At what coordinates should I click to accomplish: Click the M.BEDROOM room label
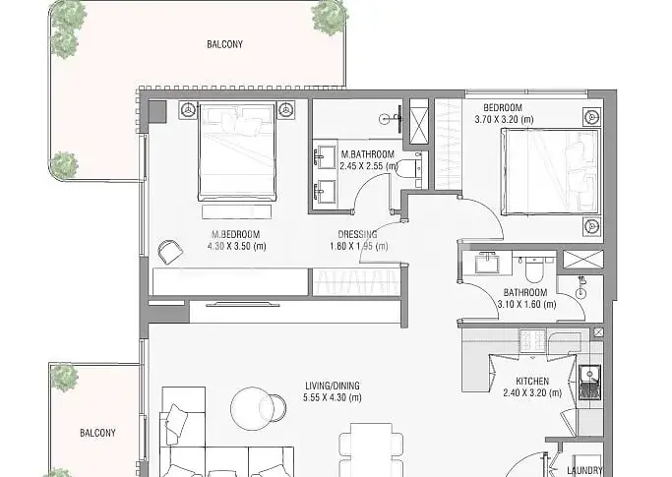coord(236,234)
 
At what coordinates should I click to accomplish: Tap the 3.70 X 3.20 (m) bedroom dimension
coord(504,119)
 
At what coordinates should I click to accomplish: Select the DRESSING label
coord(357,234)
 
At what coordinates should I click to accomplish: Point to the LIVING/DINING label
coord(333,386)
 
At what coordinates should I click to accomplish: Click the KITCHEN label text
coord(532,381)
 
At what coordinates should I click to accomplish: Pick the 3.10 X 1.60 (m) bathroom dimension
coord(526,305)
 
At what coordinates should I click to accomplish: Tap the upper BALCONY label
coord(224,44)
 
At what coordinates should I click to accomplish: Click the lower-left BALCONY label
coord(97,433)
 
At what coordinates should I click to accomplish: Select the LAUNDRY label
coord(584,470)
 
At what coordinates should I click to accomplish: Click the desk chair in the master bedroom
coord(170,252)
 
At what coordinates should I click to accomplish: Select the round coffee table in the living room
coord(252,408)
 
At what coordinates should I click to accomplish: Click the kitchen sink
coord(590,375)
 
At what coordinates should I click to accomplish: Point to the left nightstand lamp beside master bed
coord(188,110)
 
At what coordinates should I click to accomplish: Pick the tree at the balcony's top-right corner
coord(330,17)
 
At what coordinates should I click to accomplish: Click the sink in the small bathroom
coord(487,263)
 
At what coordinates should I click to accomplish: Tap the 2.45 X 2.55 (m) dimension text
coord(369,166)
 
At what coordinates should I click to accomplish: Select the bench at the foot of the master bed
coord(236,211)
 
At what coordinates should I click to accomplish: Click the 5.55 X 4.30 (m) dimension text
coord(333,397)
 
